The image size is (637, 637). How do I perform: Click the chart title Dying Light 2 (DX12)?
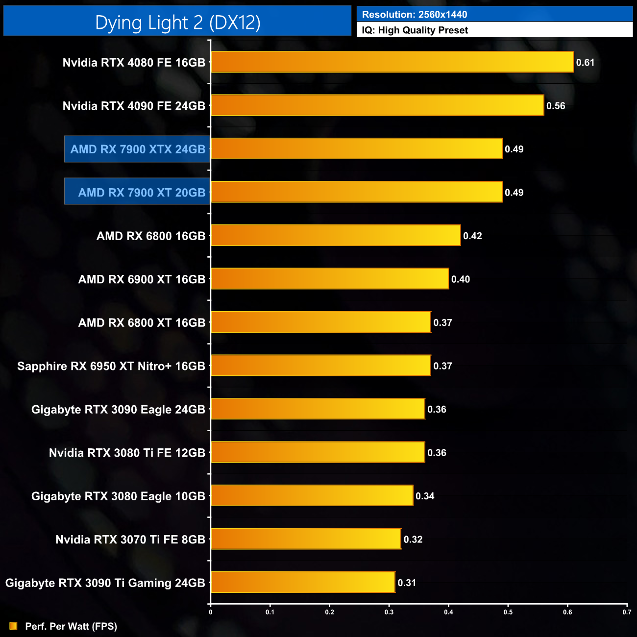tap(177, 23)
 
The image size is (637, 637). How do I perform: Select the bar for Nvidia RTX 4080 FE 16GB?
tap(392, 62)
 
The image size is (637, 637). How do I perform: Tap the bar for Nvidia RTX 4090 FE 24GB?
tap(377, 105)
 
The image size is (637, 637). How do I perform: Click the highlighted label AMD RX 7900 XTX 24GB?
tap(138, 149)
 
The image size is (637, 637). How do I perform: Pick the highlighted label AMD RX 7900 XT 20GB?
tap(142, 193)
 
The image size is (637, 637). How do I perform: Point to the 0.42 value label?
tap(472, 236)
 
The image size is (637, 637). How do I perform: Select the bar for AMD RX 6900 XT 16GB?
tap(330, 279)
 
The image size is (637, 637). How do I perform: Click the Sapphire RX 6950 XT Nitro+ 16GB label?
tap(111, 366)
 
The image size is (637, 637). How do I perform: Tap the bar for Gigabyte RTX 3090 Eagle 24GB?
tap(318, 409)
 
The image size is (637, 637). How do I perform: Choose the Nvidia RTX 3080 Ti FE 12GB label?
tap(127, 453)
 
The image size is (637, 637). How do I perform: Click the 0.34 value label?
tap(425, 496)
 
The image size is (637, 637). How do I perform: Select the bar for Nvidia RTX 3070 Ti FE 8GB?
tap(306, 539)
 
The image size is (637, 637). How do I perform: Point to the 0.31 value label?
tap(407, 583)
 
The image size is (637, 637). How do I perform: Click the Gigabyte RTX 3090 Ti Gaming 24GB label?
tap(105, 583)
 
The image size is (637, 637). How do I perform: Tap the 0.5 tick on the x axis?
tap(508, 612)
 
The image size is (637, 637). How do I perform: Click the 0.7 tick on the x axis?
tap(627, 612)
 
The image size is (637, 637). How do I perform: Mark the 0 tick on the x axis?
tap(211, 612)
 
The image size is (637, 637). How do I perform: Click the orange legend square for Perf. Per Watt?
tap(13, 626)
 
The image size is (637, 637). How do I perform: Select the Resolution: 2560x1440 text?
tap(415, 15)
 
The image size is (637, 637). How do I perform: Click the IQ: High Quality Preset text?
tap(415, 30)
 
